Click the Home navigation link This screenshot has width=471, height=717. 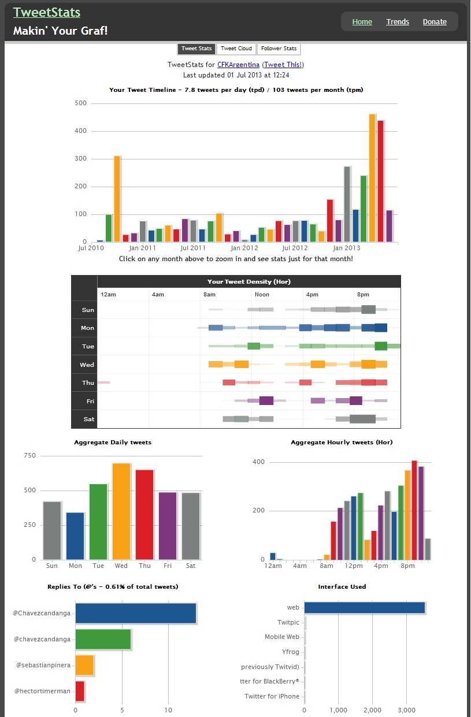(x=362, y=22)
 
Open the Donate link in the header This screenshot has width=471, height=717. (x=435, y=22)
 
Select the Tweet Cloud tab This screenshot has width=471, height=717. (x=236, y=49)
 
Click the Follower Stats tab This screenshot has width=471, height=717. (x=279, y=49)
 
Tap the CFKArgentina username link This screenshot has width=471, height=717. (x=238, y=65)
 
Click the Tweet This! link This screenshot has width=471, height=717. (x=283, y=65)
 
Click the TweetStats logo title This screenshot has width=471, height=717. (x=47, y=12)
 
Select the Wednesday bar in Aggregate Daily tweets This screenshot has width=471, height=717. (x=121, y=511)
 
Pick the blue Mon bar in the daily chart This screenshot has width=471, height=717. (x=75, y=536)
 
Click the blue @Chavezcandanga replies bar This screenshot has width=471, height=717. (x=136, y=613)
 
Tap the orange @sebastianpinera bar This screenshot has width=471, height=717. (x=84, y=665)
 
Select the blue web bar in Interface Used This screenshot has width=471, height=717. (x=365, y=608)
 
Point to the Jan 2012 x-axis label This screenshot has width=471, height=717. (x=244, y=248)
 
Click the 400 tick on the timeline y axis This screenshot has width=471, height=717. (x=81, y=131)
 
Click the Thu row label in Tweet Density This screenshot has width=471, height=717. (x=88, y=383)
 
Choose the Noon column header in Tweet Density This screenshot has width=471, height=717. (x=262, y=295)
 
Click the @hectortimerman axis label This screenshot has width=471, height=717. (x=42, y=691)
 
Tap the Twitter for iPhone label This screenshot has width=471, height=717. (x=272, y=696)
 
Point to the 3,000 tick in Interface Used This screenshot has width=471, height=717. (x=406, y=710)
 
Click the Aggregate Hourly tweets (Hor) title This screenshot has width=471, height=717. (x=342, y=443)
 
